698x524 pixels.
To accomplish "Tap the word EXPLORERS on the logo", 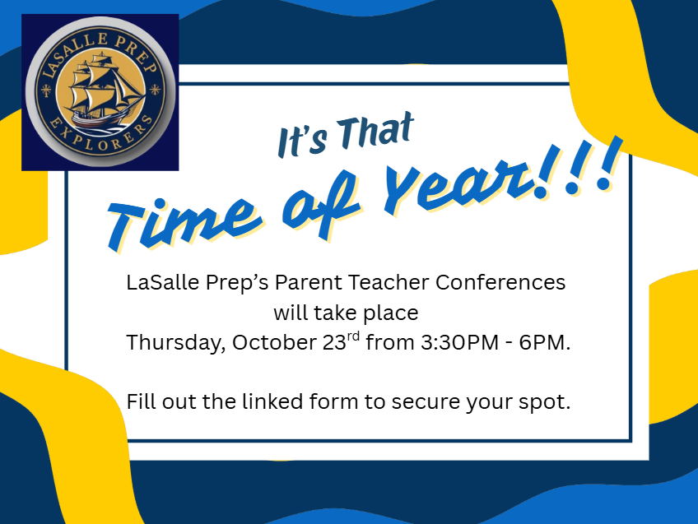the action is point(101,136).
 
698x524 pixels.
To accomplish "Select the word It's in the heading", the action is point(302,142).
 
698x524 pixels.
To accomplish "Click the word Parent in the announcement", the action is point(308,282).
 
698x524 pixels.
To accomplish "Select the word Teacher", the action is point(389,282).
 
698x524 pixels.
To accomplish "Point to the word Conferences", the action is point(500,282).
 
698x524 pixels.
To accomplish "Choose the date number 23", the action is point(334,342).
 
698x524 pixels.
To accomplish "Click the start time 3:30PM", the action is point(459,342).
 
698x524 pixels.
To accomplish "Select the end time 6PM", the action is point(544,342).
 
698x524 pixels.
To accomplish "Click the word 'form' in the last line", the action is point(334,401).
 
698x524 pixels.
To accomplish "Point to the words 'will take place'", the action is point(346,313).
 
